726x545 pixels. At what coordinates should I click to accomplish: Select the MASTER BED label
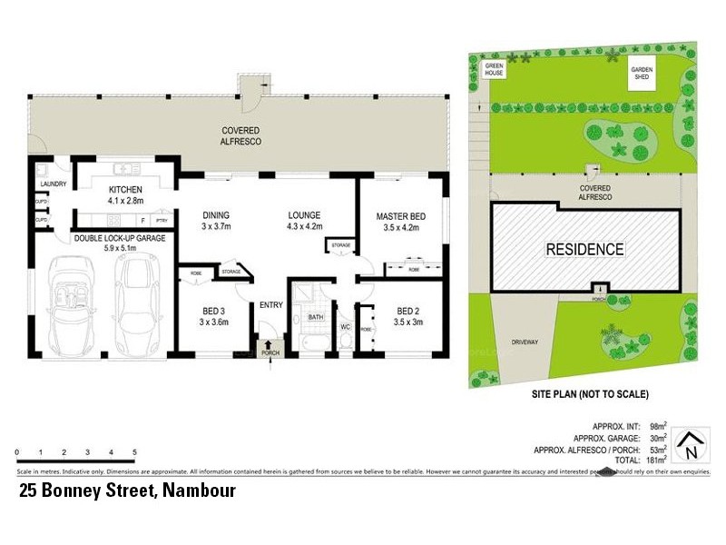tap(401, 215)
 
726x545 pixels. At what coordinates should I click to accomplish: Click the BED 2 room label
tap(409, 308)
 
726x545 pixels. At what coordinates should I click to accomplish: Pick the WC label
tap(346, 323)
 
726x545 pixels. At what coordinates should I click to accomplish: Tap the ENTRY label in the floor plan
tap(270, 304)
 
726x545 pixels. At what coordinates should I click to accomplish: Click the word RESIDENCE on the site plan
tap(584, 249)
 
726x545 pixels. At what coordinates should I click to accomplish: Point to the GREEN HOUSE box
tap(495, 70)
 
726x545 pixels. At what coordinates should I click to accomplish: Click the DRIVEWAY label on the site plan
tap(525, 342)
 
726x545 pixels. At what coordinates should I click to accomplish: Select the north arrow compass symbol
tap(692, 446)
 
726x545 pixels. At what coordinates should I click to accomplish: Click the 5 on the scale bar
tap(134, 451)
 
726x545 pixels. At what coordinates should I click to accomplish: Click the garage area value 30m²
tap(658, 437)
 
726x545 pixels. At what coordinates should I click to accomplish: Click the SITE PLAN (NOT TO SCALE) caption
tap(589, 395)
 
